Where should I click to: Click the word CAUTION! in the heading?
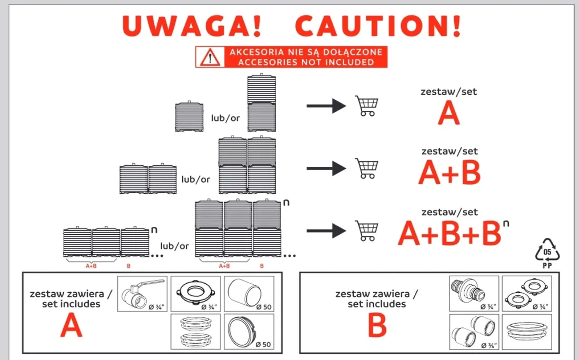click(379, 26)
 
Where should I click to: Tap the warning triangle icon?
click(210, 57)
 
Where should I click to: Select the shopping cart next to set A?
click(366, 106)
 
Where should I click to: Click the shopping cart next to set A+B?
click(367, 168)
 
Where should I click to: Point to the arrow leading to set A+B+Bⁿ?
click(326, 230)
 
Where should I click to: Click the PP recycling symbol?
click(548, 252)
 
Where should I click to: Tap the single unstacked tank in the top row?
click(189, 116)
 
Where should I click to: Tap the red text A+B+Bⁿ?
click(451, 233)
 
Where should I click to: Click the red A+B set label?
click(450, 173)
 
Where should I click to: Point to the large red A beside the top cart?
click(448, 113)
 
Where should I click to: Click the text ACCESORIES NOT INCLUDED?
click(305, 62)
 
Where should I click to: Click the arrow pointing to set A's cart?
click(326, 106)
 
